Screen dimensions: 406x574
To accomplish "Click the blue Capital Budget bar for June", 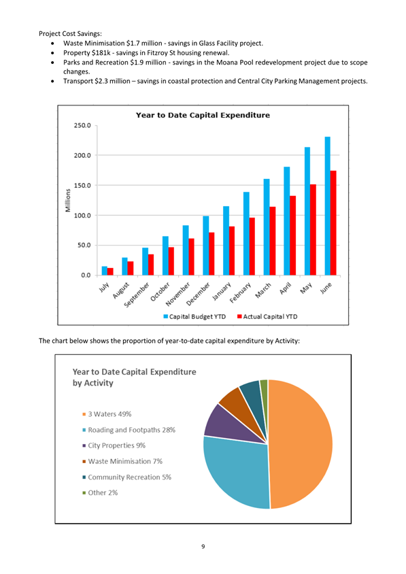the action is pyautogui.click(x=327, y=206).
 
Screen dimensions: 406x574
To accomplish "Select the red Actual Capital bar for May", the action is pyautogui.click(x=313, y=230).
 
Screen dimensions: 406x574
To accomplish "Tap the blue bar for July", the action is pyautogui.click(x=104, y=271).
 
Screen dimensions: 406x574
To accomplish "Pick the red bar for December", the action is pyautogui.click(x=212, y=254).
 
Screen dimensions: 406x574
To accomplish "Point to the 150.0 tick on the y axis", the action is pyautogui.click(x=82, y=186).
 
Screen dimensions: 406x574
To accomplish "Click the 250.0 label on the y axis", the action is pyautogui.click(x=82, y=126).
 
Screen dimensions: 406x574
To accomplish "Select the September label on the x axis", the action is pyautogui.click(x=137, y=294).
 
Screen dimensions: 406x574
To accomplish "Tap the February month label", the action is pyautogui.click(x=241, y=292).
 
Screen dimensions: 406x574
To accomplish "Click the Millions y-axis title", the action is pyautogui.click(x=68, y=200).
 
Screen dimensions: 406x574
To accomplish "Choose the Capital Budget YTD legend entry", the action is pyautogui.click(x=194, y=317).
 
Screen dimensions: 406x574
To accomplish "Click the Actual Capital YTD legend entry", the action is pyautogui.click(x=267, y=317).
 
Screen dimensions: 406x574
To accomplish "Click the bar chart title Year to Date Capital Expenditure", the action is pyautogui.click(x=203, y=116).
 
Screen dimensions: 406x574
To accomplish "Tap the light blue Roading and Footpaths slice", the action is pyautogui.click(x=238, y=472).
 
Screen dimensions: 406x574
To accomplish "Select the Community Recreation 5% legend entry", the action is pyautogui.click(x=126, y=477).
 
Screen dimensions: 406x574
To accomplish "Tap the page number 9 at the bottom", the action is pyautogui.click(x=203, y=547).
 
